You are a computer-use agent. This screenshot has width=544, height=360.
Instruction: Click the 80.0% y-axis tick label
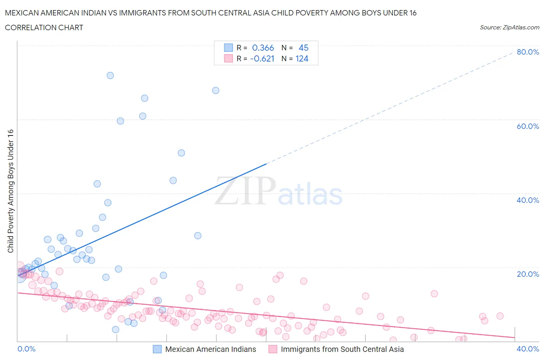pyautogui.click(x=528, y=52)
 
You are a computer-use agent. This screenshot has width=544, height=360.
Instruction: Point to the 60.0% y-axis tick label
pyautogui.click(x=528, y=126)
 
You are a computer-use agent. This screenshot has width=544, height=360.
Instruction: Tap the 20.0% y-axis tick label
pyautogui.click(x=528, y=274)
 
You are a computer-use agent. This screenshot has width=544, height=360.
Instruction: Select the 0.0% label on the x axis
pyautogui.click(x=26, y=349)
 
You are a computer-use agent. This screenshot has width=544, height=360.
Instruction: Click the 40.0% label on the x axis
pyautogui.click(x=528, y=349)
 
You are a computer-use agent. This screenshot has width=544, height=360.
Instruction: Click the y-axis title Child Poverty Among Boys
pyautogui.click(x=10, y=191)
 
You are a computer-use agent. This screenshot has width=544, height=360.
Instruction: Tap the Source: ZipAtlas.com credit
pyautogui.click(x=509, y=27)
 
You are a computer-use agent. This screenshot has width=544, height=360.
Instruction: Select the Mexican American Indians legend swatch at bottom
pyautogui.click(x=157, y=349)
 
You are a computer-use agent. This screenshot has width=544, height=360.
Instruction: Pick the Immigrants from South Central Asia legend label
pyautogui.click(x=342, y=349)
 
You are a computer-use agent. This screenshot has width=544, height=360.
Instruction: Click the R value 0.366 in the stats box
pyautogui.click(x=263, y=48)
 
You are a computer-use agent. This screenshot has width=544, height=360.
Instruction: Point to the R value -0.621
pyautogui.click(x=262, y=58)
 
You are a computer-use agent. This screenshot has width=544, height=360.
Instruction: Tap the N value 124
pyautogui.click(x=302, y=58)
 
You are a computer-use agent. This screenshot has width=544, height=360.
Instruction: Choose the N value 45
pyautogui.click(x=303, y=48)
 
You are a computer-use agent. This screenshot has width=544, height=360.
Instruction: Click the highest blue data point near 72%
pyautogui.click(x=110, y=75)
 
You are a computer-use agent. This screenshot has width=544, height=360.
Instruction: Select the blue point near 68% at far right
pyautogui.click(x=216, y=91)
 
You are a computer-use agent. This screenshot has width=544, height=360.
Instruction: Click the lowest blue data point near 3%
pyautogui.click(x=115, y=329)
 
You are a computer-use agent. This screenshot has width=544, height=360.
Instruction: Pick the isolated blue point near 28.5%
pyautogui.click(x=198, y=236)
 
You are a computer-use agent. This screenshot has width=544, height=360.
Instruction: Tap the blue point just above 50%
pyautogui.click(x=181, y=153)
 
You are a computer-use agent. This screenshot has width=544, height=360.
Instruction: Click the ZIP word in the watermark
pyautogui.click(x=245, y=190)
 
